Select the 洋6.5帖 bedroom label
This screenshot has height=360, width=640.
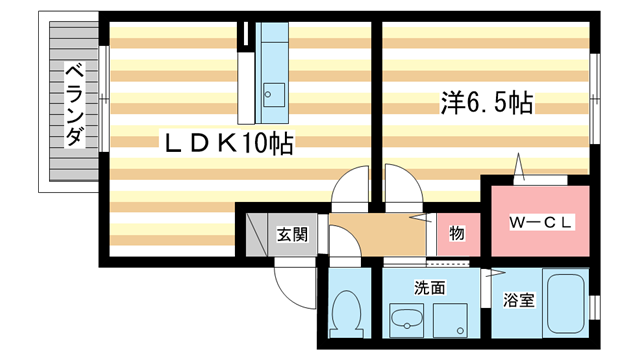coord(486,102)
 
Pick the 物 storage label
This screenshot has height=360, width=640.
coord(456,234)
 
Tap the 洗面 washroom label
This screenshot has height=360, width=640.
coord(430,288)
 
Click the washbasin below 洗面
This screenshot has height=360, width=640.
coord(406,320)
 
